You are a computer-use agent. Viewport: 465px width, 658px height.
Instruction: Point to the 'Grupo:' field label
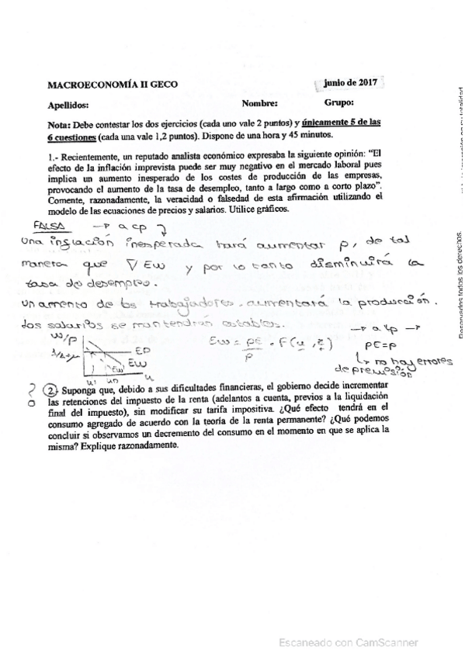point(339,102)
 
